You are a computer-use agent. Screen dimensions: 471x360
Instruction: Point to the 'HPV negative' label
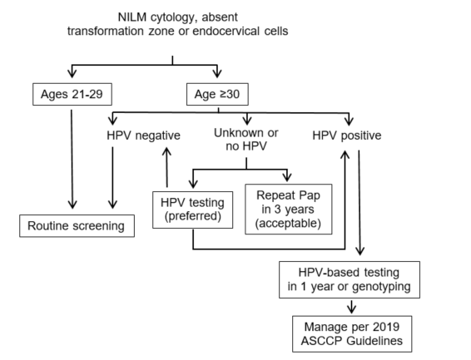pyautogui.click(x=144, y=136)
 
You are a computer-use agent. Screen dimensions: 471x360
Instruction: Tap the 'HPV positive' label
pyautogui.click(x=347, y=136)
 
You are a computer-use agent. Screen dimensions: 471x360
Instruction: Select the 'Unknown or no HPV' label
pyautogui.click(x=246, y=140)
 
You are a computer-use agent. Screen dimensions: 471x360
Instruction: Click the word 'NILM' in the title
pyautogui.click(x=132, y=17)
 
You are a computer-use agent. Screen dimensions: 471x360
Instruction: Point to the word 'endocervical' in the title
pyautogui.click(x=226, y=31)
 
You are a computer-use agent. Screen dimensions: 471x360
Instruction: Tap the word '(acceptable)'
pyautogui.click(x=288, y=223)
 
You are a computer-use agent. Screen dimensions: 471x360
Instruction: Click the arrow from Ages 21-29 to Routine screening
pyautogui.click(x=72, y=159)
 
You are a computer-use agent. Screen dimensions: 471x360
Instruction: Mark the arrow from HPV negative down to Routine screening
pyautogui.click(x=112, y=178)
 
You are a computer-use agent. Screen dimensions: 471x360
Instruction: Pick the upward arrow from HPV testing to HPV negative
pyautogui.click(x=166, y=167)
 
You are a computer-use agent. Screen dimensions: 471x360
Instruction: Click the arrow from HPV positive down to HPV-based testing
pyautogui.click(x=359, y=203)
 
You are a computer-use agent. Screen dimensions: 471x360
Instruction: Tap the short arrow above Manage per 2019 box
pyautogui.click(x=352, y=306)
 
